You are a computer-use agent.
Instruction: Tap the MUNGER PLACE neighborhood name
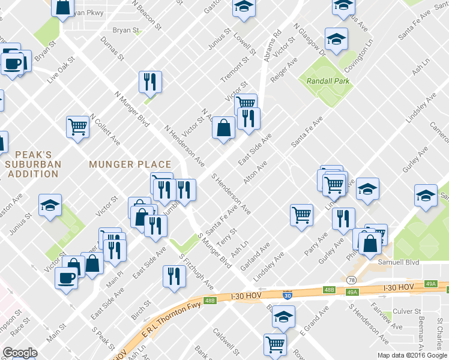pos(130,164)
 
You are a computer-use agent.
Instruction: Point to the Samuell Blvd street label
pos(398,262)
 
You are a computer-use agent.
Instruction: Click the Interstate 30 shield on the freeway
pos(288,295)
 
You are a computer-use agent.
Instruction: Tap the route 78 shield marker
pos(351,280)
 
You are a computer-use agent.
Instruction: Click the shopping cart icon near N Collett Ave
pos(77,127)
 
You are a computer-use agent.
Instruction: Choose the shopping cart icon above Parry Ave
pos(301,215)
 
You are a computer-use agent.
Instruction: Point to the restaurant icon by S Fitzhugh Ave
pos(174,277)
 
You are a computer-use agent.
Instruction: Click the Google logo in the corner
pos(20,353)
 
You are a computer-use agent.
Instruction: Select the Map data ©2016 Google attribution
pos(412,355)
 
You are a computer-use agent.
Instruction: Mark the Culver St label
pos(407,311)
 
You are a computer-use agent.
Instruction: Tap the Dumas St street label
pos(112,49)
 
